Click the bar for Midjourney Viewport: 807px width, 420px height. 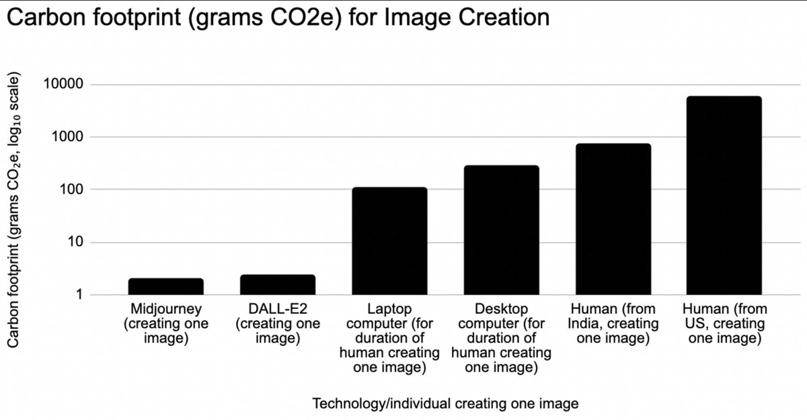(165, 286)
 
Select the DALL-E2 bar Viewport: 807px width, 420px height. (278, 284)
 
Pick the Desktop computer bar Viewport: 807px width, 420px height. (501, 230)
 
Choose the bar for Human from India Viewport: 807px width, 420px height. (613, 219)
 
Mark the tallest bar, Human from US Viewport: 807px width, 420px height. (724, 195)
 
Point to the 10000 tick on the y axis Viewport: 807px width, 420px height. (63, 85)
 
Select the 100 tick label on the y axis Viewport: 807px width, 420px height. (70, 190)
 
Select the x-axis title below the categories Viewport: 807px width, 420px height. (445, 404)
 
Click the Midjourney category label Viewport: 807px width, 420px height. (165, 324)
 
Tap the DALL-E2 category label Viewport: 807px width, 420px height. (278, 324)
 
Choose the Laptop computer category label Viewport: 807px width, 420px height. (389, 339)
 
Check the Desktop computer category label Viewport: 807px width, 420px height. (501, 339)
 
